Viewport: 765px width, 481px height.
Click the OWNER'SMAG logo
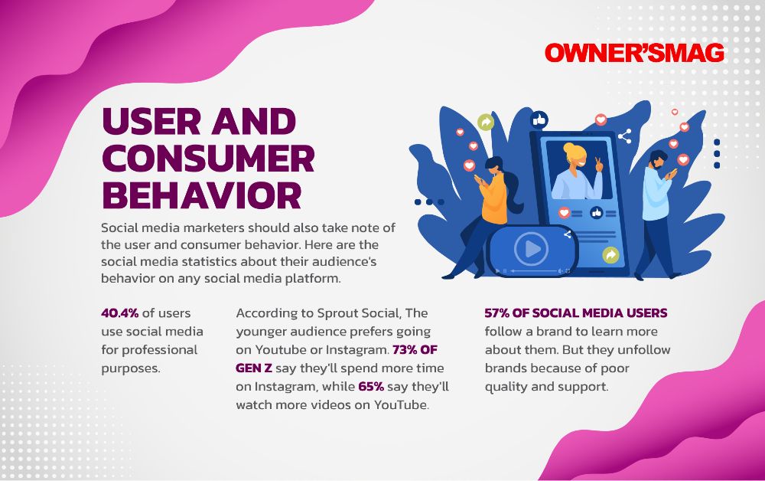click(x=633, y=53)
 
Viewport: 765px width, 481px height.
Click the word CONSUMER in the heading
click(x=208, y=159)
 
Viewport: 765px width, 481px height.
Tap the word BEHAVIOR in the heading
click(x=202, y=195)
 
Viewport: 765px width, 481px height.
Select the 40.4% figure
click(x=119, y=313)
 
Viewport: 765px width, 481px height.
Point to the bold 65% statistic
click(x=371, y=386)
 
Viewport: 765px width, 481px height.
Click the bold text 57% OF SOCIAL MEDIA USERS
click(x=576, y=313)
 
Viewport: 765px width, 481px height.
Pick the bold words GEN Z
click(x=254, y=368)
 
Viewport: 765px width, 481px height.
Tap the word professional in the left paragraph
click(x=160, y=350)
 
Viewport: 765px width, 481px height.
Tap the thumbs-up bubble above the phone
click(x=539, y=119)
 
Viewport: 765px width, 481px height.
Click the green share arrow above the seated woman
click(x=486, y=122)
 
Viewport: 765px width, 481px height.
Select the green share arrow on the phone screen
click(x=610, y=254)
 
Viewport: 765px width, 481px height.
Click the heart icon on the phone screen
click(x=565, y=213)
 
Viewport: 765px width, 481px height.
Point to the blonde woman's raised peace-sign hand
click(x=599, y=165)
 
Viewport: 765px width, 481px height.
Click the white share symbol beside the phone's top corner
click(x=625, y=136)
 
